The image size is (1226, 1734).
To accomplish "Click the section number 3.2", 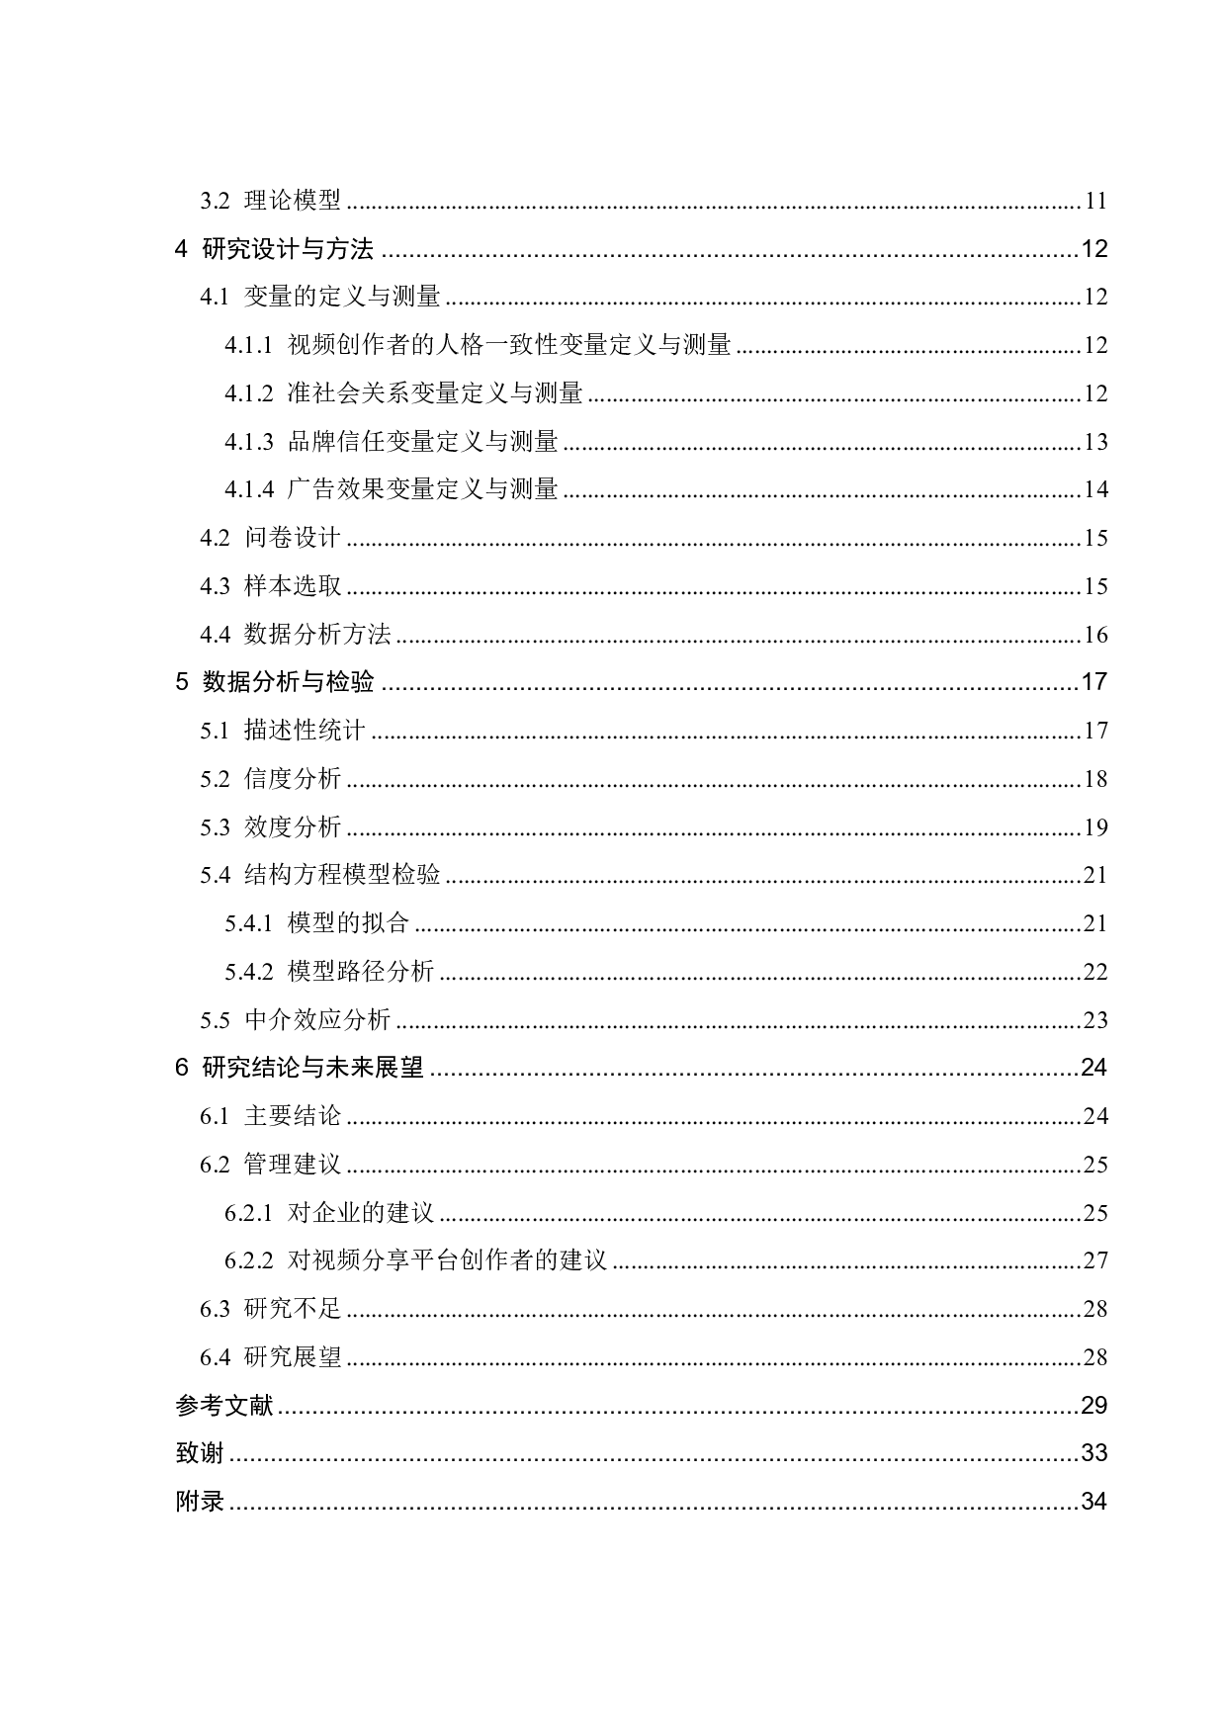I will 215,201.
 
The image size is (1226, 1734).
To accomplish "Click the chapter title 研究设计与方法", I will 288,249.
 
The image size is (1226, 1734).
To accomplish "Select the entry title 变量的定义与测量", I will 342,297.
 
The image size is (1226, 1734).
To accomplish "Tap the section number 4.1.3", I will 248,442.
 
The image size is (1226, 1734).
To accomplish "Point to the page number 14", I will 1095,489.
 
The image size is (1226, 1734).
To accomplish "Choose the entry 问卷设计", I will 293,538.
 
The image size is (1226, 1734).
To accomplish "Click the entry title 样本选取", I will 293,586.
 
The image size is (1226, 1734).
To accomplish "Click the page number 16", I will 1095,635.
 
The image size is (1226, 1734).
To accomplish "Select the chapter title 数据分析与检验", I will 288,682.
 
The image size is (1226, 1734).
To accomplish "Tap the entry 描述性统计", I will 305,731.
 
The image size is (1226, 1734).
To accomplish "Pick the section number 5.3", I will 215,827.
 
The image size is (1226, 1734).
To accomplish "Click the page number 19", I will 1095,827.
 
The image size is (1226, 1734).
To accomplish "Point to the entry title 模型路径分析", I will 361,972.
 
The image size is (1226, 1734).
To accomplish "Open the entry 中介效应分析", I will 317,1020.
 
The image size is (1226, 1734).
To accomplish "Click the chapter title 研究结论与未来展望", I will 312,1068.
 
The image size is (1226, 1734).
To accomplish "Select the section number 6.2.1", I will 248,1213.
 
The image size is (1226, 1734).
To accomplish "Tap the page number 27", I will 1095,1260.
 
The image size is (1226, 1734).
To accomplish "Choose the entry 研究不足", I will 293,1309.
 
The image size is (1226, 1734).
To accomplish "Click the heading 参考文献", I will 224,1405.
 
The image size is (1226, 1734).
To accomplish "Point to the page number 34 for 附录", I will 1094,1502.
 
